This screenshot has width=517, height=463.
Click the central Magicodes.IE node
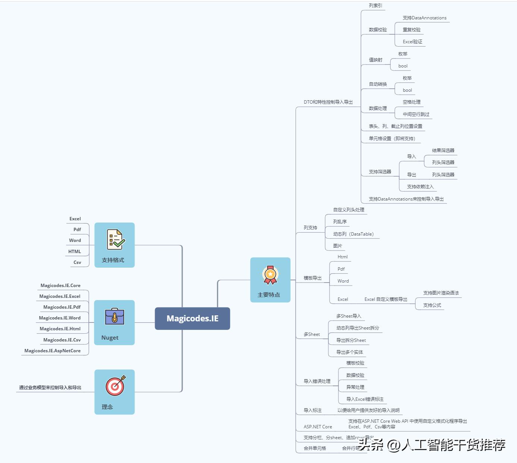point(192,318)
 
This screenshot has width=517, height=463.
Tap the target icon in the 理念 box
point(115,386)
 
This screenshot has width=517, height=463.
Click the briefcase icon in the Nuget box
point(114,316)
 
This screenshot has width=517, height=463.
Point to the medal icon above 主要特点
point(270,275)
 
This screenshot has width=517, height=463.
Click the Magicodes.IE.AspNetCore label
point(52,351)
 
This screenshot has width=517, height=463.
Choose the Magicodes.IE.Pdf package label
point(62,307)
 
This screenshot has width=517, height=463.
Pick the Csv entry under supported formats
point(77,262)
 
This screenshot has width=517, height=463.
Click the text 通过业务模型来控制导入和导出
point(50,388)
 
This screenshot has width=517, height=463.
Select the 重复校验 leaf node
point(412,30)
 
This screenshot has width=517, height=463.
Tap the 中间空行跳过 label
point(416,114)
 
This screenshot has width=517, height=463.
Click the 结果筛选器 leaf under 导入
point(443,151)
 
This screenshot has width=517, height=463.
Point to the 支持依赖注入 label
point(420,187)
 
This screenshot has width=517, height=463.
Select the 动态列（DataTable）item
point(353,234)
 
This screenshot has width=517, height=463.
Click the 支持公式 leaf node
point(432,305)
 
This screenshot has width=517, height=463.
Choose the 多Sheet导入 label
point(349,316)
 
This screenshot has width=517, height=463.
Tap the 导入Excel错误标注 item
point(365,399)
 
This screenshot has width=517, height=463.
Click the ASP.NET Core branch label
point(318,427)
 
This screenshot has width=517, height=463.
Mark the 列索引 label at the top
point(375,6)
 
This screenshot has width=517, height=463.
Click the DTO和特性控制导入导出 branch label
point(328,102)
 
